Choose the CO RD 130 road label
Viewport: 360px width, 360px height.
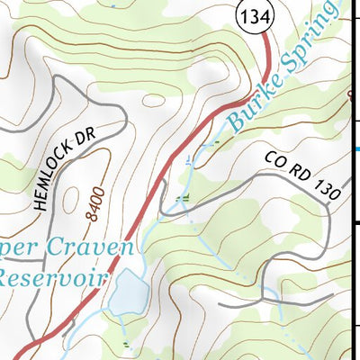[303, 175]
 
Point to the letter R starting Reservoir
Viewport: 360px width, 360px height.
[8, 275]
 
